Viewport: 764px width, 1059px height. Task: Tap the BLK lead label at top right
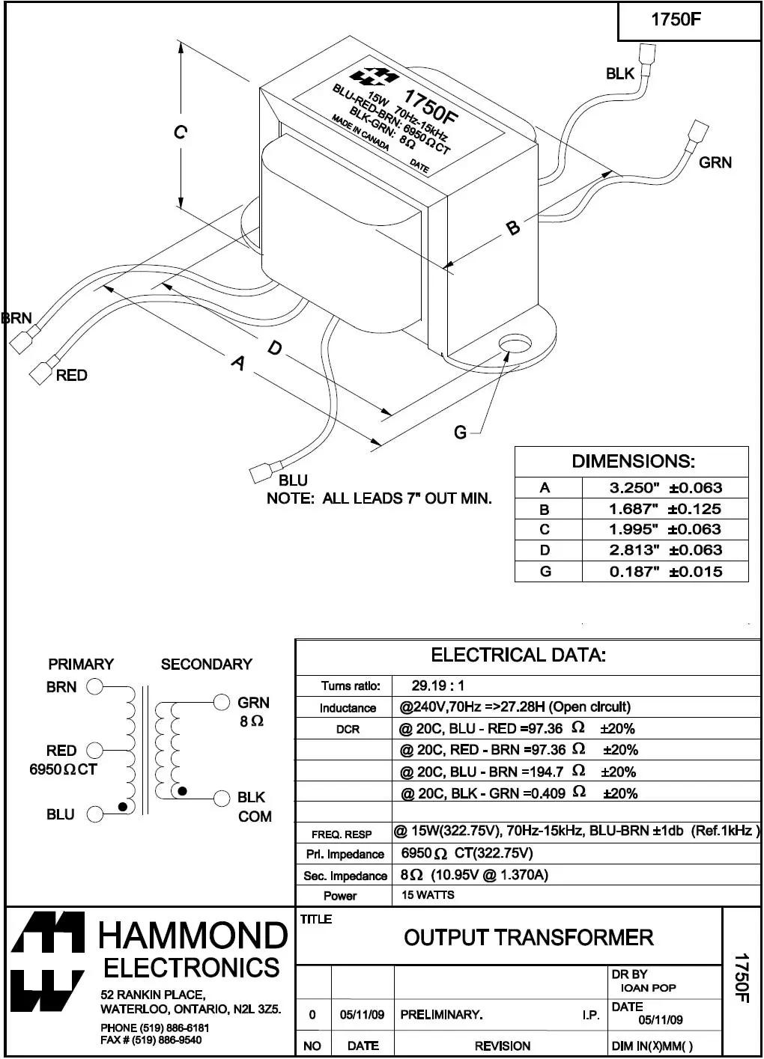[x=619, y=73]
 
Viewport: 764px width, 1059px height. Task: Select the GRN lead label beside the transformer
[x=715, y=162]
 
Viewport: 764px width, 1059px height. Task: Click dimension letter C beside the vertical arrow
[x=180, y=132]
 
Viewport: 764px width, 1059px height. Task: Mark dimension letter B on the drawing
[x=513, y=228]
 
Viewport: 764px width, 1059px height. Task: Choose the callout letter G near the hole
[x=460, y=432]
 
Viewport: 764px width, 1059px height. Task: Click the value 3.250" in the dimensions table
[x=634, y=488]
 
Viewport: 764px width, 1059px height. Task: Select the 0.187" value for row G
[x=634, y=572]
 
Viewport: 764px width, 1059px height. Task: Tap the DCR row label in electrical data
[x=348, y=729]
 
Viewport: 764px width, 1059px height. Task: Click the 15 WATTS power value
[x=428, y=895]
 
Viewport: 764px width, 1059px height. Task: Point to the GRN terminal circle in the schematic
[x=221, y=702]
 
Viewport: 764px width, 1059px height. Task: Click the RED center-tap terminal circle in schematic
[x=94, y=750]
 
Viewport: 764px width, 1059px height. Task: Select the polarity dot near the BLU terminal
[x=122, y=806]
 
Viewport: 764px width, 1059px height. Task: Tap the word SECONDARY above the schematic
[x=207, y=664]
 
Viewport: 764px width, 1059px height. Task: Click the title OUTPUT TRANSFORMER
[x=528, y=937]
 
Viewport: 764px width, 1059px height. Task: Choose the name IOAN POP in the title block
[x=648, y=988]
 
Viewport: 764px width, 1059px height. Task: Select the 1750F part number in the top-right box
[x=676, y=20]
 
